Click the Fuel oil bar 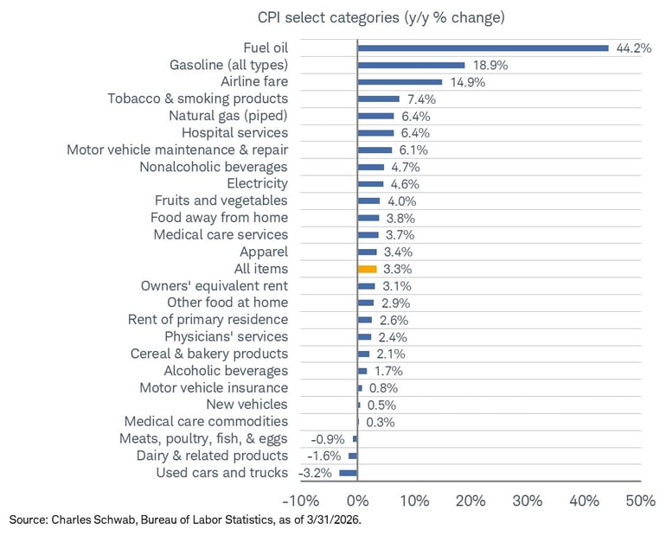pos(483,48)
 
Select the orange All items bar pos(367,269)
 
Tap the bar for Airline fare pos(400,82)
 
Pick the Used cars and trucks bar pos(349,473)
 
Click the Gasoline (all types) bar pos(411,65)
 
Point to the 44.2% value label pos(633,48)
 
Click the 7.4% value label pos(421,99)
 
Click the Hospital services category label pos(234,132)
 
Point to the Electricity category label pos(257,183)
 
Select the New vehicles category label pos(247,405)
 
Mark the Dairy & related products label pos(212,456)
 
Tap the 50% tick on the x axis pos(640,501)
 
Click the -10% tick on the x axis pos(299,501)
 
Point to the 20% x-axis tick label pos(471,501)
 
